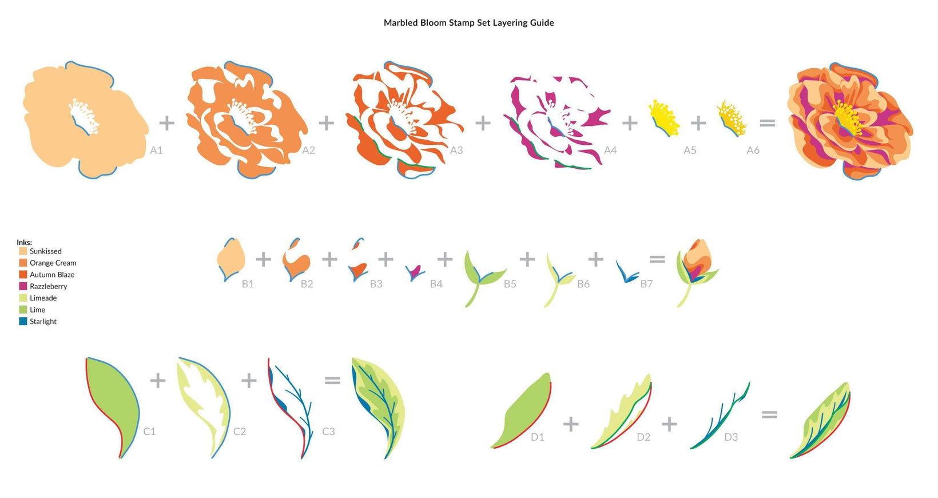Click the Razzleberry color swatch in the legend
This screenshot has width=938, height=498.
click(x=23, y=286)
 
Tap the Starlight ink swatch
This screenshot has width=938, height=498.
click(x=23, y=322)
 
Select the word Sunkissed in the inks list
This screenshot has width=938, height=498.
click(x=46, y=251)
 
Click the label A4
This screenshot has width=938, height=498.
click(x=610, y=150)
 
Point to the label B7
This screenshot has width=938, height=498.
click(x=646, y=284)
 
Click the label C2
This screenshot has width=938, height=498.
click(x=240, y=432)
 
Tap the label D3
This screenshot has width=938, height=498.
click(x=731, y=437)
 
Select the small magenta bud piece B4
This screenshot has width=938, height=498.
click(x=415, y=273)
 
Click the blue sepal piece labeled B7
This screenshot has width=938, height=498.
click(x=626, y=272)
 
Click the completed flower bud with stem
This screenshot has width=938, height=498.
click(x=697, y=272)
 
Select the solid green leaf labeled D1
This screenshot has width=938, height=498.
click(x=523, y=413)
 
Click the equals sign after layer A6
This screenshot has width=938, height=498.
click(x=767, y=123)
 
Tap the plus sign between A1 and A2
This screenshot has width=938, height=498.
click(x=166, y=123)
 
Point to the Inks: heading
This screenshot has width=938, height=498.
click(x=24, y=242)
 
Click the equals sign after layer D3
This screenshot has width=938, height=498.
click(x=769, y=414)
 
